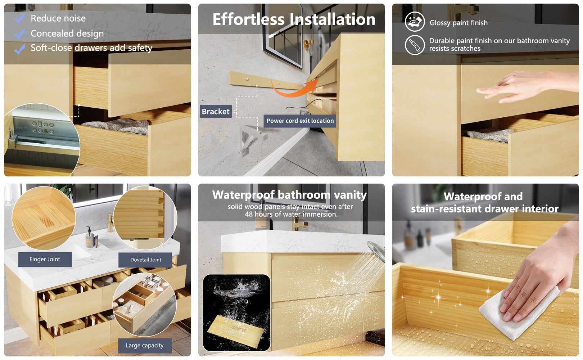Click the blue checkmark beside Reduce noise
[x=19, y=18]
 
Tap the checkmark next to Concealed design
[x=19, y=33]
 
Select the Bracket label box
[x=216, y=111]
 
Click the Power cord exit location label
[x=300, y=121]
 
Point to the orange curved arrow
[x=291, y=91]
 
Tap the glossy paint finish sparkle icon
[x=415, y=22]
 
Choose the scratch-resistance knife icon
[x=415, y=45]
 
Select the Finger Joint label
[x=45, y=259]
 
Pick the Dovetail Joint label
[x=145, y=260]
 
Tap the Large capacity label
[x=145, y=346]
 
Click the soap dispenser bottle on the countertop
[x=90, y=237]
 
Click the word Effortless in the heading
[x=249, y=19]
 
